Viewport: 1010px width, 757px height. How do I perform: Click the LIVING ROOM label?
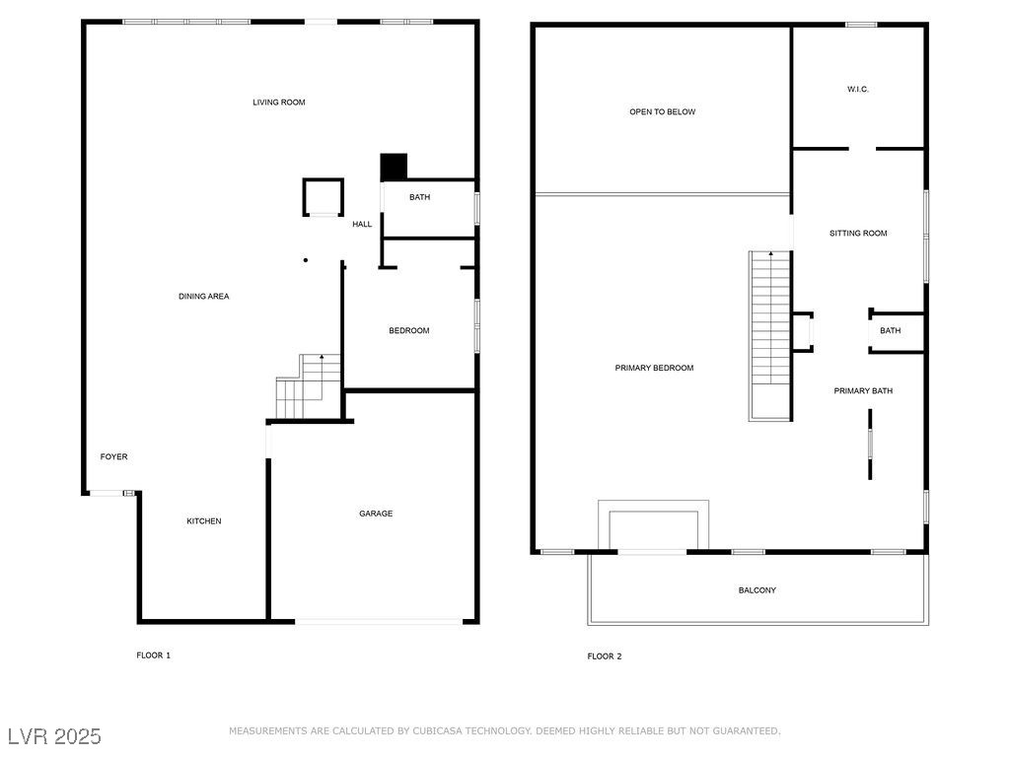pos(279,103)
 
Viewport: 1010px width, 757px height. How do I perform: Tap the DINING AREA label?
pos(204,297)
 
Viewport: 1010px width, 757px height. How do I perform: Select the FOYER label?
pos(114,457)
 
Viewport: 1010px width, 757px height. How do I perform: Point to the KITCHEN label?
pos(204,521)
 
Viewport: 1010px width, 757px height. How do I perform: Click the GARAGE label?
pos(375,514)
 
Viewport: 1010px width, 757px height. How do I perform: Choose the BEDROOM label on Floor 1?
pos(408,331)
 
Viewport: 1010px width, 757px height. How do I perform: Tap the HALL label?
pos(362,225)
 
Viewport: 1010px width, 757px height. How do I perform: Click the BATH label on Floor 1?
pos(420,198)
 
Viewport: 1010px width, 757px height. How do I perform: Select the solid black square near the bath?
pos(394,167)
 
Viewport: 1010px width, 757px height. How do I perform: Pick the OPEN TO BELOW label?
pos(662,112)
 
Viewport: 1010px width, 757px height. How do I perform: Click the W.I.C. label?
pos(857,90)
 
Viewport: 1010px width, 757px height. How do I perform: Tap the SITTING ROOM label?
pos(858,234)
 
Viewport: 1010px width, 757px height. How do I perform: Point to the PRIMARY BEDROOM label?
pos(654,369)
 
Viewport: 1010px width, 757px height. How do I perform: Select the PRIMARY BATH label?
pos(863,391)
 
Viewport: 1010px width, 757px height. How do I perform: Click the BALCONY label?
pos(757,590)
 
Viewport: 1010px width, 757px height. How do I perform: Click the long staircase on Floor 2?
pos(770,335)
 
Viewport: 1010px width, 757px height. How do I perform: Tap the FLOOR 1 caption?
pos(153,655)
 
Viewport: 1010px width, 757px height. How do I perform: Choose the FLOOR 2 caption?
pos(605,656)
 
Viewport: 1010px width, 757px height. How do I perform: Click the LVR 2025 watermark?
pos(54,736)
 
